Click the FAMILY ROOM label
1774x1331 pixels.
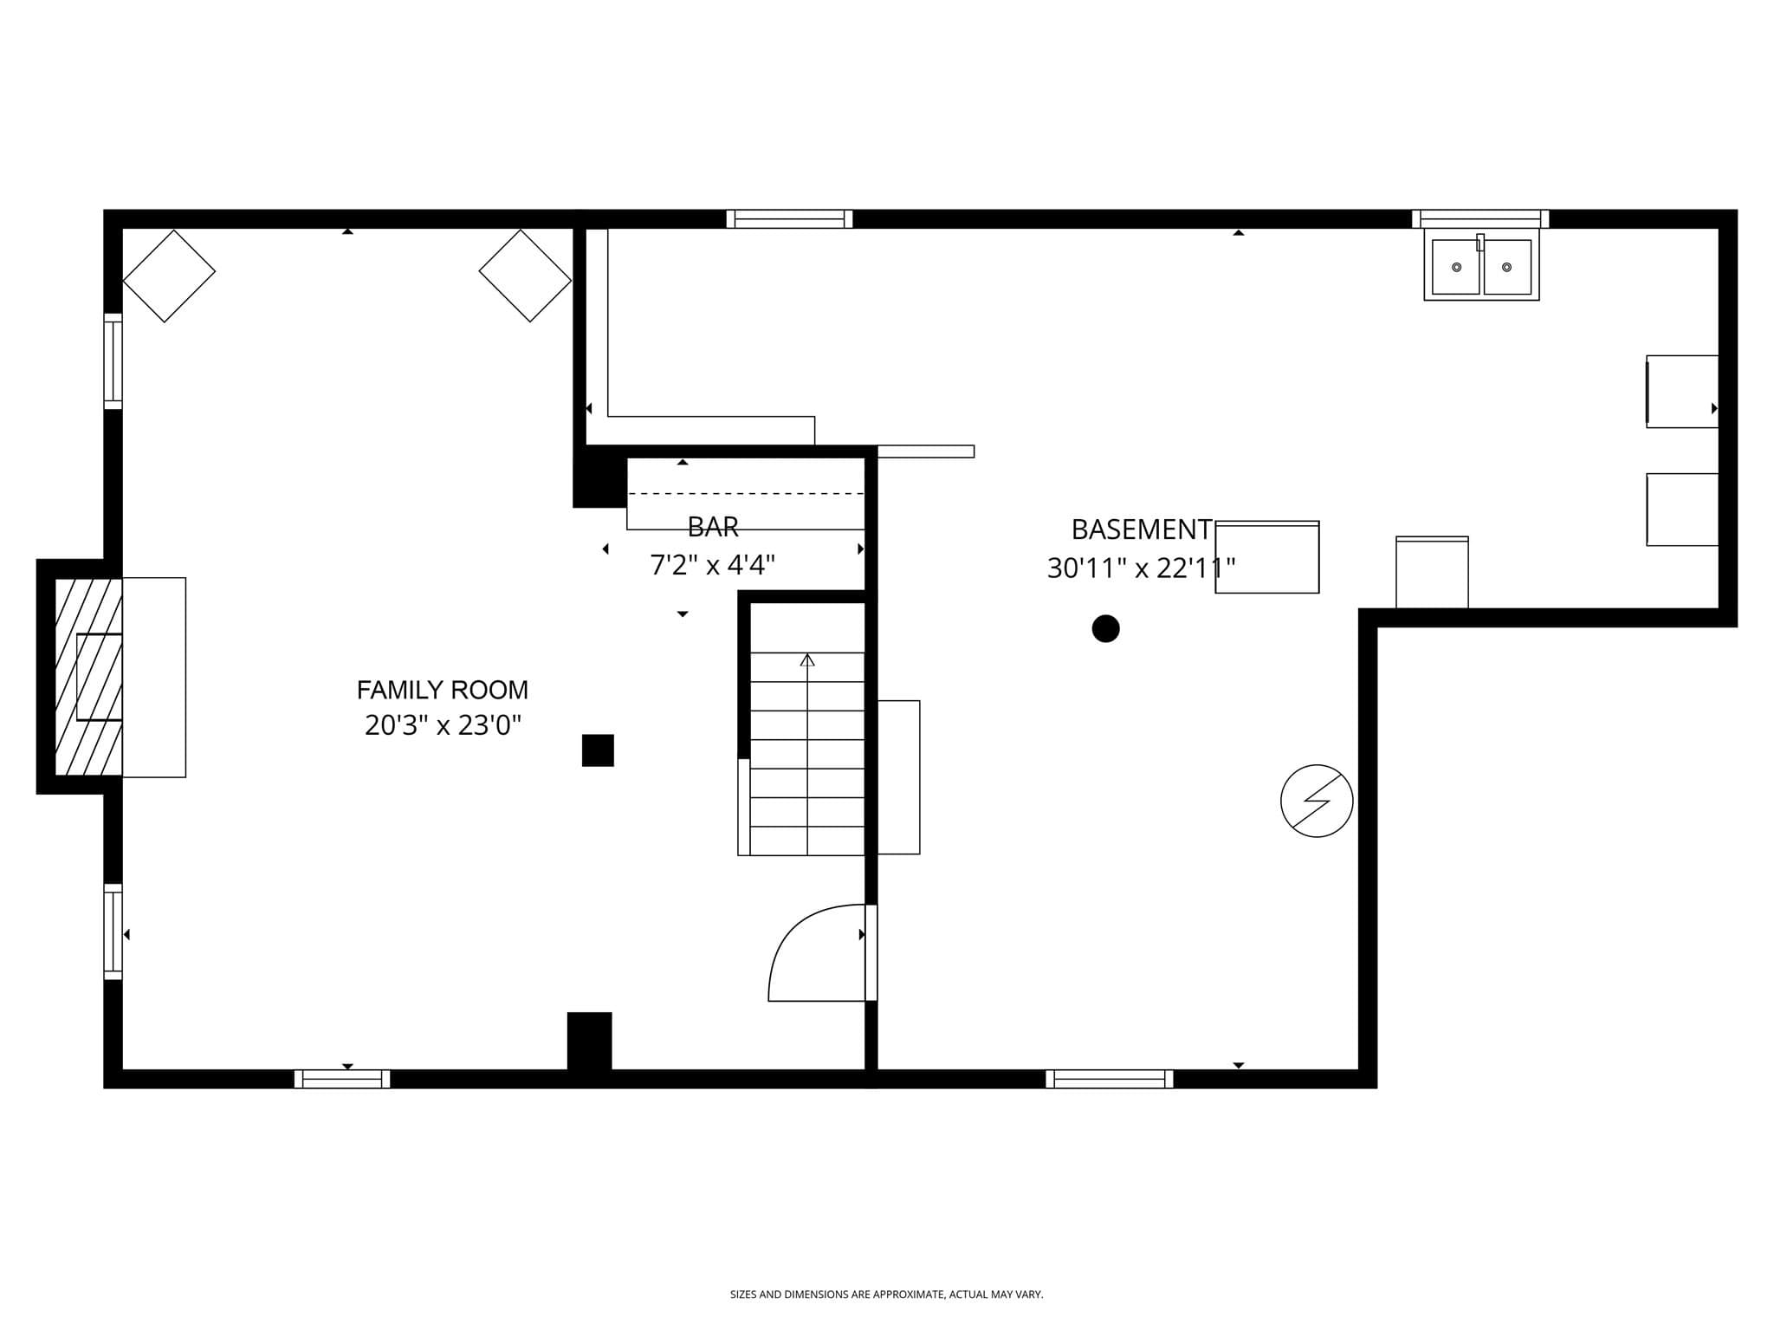(x=442, y=690)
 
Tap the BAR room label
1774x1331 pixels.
(x=713, y=527)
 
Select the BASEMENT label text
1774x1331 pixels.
(x=1141, y=529)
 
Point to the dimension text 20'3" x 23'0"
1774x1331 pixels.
(x=443, y=725)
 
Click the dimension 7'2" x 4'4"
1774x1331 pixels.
(x=712, y=565)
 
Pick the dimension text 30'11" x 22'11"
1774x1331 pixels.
(x=1141, y=568)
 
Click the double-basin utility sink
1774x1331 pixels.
(x=1481, y=264)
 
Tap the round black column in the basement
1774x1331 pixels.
(x=1105, y=628)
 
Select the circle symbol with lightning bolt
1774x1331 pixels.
(x=1317, y=801)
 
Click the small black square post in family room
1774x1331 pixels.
(x=598, y=750)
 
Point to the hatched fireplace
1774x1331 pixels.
(x=88, y=677)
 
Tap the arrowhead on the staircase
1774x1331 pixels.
(x=807, y=659)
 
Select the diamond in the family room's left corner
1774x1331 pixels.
(x=169, y=276)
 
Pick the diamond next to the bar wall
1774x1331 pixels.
(x=525, y=276)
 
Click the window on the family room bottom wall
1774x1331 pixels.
(x=342, y=1079)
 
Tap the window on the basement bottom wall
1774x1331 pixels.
(x=1109, y=1079)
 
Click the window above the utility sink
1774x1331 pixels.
(x=1480, y=218)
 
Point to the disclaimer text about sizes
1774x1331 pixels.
(x=886, y=1295)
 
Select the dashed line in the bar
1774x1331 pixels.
(x=746, y=494)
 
